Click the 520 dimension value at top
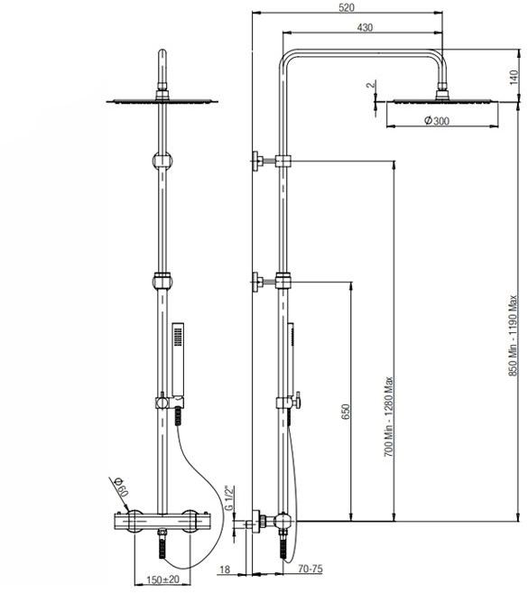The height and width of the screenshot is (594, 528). (347, 7)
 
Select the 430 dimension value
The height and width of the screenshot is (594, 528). (365, 27)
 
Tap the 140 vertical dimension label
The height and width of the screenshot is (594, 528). (514, 78)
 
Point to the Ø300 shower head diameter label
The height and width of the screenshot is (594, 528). (437, 121)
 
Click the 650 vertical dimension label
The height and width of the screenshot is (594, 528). (346, 412)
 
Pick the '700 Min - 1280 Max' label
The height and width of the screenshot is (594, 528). (389, 416)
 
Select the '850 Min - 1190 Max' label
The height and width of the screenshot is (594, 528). (513, 336)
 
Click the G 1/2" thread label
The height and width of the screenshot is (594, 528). (229, 498)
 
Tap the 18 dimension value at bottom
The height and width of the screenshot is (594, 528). (225, 570)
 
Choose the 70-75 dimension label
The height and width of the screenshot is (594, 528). (310, 569)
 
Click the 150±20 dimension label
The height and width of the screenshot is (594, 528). (162, 580)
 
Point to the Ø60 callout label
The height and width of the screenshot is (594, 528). (121, 487)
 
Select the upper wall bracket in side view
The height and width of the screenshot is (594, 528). (271, 161)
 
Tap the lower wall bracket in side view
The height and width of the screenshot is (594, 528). (271, 282)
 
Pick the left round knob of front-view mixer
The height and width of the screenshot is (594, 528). (134, 521)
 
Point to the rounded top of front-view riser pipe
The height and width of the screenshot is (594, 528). (162, 52)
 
